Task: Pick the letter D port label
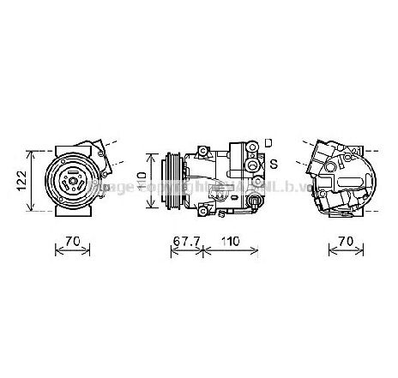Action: (x=268, y=142)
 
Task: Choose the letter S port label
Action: (x=272, y=163)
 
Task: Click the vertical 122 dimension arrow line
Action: (x=33, y=180)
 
